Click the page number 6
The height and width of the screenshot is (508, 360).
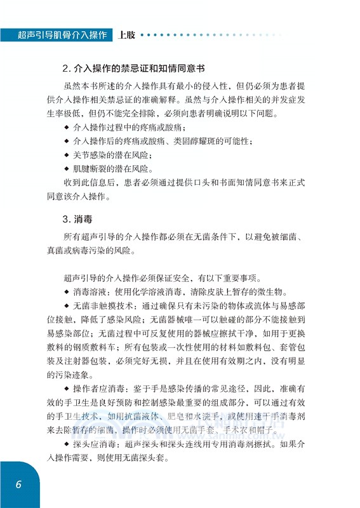[19, 484]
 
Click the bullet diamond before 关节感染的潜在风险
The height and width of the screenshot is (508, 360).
[67, 154]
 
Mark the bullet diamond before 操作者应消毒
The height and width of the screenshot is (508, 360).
[67, 388]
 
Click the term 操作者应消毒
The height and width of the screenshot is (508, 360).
[98, 388]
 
